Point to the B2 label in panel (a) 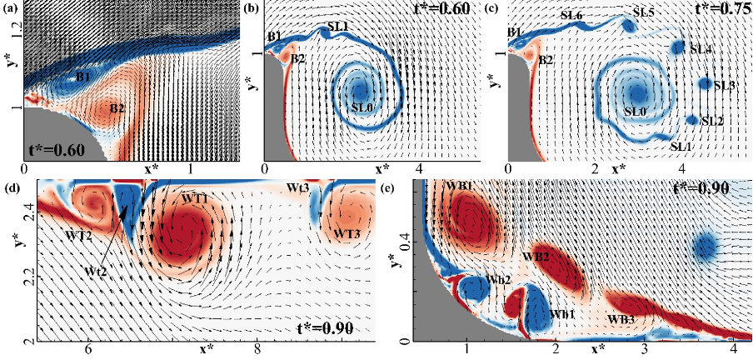117,108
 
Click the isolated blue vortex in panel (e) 706,246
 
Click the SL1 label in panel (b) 337,27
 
